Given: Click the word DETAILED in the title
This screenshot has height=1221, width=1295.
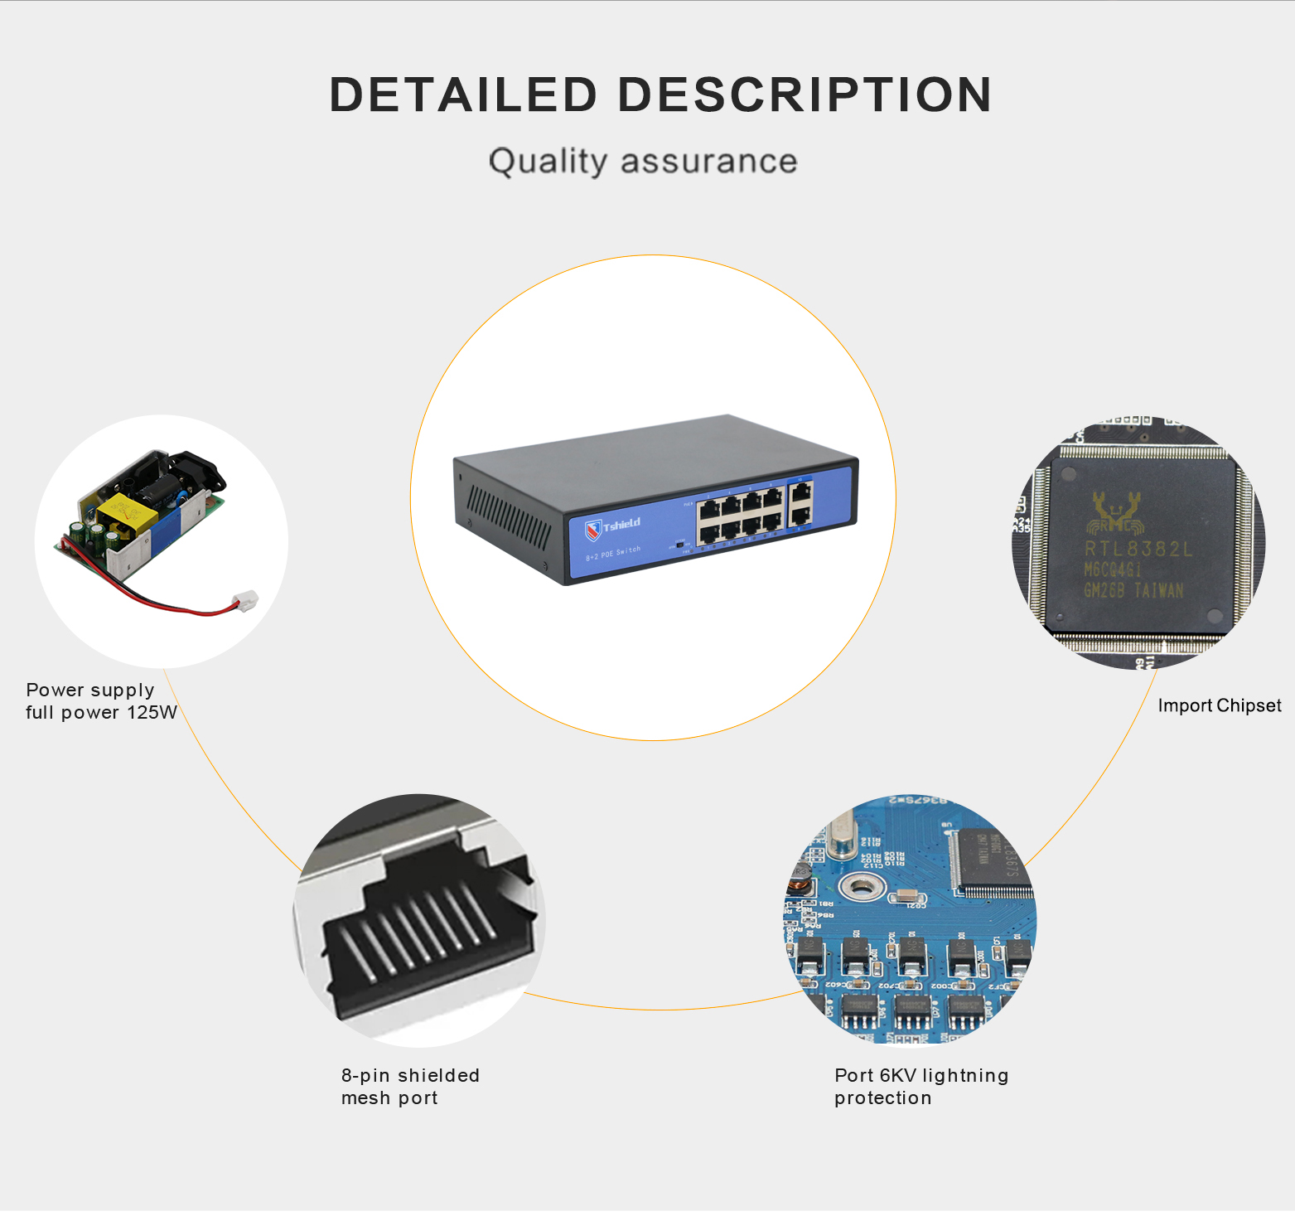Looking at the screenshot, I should click(x=463, y=94).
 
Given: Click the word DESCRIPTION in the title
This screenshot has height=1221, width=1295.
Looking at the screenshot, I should click(x=805, y=94).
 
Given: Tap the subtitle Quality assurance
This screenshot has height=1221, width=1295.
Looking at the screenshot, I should click(x=643, y=161).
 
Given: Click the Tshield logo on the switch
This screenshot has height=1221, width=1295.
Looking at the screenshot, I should click(x=613, y=526).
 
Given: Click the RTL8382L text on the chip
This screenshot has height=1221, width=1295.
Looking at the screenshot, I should click(x=1138, y=549).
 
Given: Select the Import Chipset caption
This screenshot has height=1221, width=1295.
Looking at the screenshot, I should click(x=1219, y=705).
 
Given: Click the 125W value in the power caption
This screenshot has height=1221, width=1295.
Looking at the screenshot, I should click(x=152, y=713).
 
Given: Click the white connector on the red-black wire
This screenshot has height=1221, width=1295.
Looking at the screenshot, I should click(x=246, y=600).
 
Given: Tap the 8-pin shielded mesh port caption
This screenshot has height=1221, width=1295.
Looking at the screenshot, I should click(x=410, y=1087).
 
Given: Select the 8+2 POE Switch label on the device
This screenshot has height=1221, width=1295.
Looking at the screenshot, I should click(x=613, y=553).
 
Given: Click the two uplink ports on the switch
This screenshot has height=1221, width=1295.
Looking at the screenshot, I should click(x=800, y=504).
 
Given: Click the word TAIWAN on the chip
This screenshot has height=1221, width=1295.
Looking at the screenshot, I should click(x=1158, y=590).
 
